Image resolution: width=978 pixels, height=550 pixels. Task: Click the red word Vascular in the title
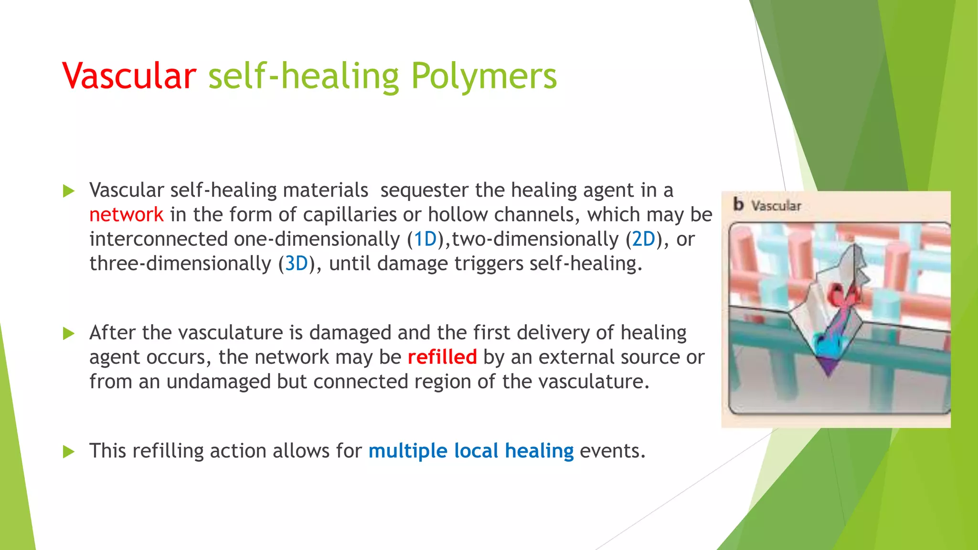129,76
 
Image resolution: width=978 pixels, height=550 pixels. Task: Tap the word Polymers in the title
484,76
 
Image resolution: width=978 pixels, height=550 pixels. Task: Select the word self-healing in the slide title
303,76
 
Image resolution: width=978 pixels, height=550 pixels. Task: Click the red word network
127,215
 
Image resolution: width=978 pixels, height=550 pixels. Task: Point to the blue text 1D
425,239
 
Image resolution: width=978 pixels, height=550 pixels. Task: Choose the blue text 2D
644,239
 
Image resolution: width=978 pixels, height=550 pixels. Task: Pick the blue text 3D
297,264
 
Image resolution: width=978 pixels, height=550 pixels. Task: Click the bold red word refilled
442,357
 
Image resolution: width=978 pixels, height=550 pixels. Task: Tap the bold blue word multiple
408,451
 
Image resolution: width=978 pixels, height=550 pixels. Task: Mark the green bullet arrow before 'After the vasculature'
69,333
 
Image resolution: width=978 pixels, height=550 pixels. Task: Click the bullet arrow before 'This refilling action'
69,451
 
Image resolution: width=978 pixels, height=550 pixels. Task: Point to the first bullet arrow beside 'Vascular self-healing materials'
69,191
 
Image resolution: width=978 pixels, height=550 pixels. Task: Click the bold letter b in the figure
738,204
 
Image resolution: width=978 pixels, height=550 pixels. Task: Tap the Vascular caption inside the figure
776,206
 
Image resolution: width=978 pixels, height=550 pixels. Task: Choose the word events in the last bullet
612,451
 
